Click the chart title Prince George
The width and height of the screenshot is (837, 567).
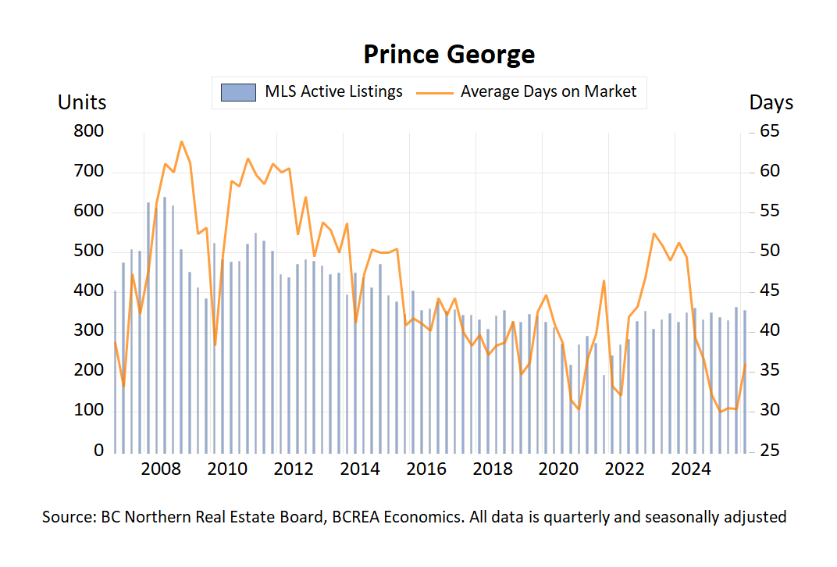[449, 54]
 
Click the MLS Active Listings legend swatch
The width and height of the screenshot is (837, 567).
[238, 92]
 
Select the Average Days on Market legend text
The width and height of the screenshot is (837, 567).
[548, 91]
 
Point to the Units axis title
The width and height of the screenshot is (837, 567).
[82, 102]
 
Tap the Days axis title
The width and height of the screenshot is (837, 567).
[771, 102]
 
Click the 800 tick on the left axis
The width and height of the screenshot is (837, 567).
[88, 131]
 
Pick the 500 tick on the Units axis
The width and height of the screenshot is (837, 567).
[88, 251]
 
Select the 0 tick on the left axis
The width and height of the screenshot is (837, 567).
[99, 451]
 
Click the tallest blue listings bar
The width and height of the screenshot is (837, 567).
[165, 324]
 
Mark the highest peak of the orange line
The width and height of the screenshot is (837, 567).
[181, 141]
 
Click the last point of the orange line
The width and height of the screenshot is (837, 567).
[746, 365]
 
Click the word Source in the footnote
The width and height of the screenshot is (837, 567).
[68, 517]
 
